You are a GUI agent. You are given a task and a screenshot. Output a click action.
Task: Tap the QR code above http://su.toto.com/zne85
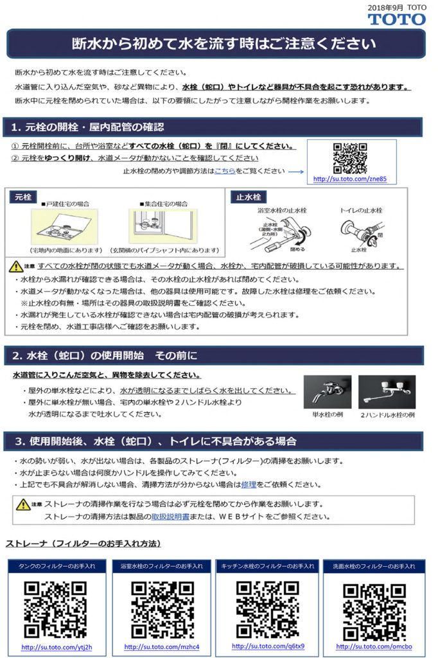(350, 158)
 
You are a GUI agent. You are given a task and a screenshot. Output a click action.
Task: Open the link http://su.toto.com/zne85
(350, 180)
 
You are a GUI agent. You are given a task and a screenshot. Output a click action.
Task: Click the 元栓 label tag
(24, 197)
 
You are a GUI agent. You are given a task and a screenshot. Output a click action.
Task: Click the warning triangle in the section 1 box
(15, 266)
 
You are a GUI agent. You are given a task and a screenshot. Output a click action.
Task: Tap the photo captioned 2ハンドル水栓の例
(387, 391)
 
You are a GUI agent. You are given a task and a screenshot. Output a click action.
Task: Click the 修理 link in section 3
(249, 485)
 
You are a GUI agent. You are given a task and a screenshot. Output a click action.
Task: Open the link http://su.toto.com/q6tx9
(268, 646)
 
